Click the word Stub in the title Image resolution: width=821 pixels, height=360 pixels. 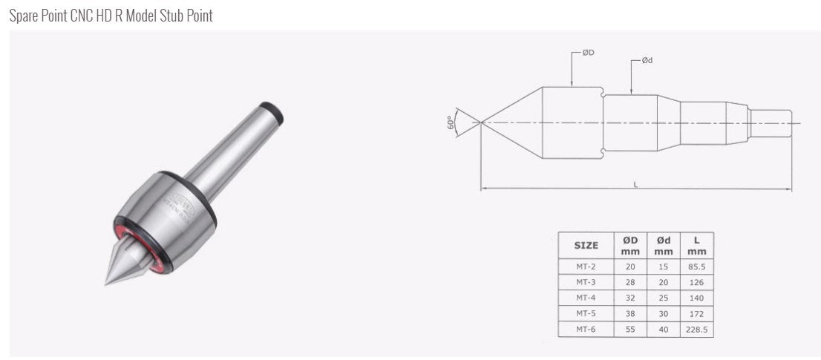(167, 16)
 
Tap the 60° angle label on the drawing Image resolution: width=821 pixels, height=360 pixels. (450, 122)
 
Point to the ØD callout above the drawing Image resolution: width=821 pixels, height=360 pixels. (587, 53)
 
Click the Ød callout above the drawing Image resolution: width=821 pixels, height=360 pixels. (647, 61)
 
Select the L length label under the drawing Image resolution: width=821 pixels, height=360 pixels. (635, 183)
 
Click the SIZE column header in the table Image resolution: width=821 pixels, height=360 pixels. (586, 245)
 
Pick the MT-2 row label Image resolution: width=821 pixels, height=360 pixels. (586, 266)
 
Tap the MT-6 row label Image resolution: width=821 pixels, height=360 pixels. (586, 329)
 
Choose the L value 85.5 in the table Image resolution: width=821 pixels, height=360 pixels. (696, 266)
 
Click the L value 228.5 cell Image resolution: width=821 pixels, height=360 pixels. (696, 329)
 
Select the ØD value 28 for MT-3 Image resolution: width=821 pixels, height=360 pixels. (630, 282)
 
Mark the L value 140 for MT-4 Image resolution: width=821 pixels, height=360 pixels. (696, 298)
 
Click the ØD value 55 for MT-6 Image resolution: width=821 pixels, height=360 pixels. (630, 329)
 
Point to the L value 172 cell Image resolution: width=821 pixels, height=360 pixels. (696, 313)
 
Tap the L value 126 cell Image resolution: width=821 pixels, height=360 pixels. (696, 282)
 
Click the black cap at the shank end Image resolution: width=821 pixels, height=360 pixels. (277, 114)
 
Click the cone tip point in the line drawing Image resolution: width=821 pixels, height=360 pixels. (481, 122)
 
